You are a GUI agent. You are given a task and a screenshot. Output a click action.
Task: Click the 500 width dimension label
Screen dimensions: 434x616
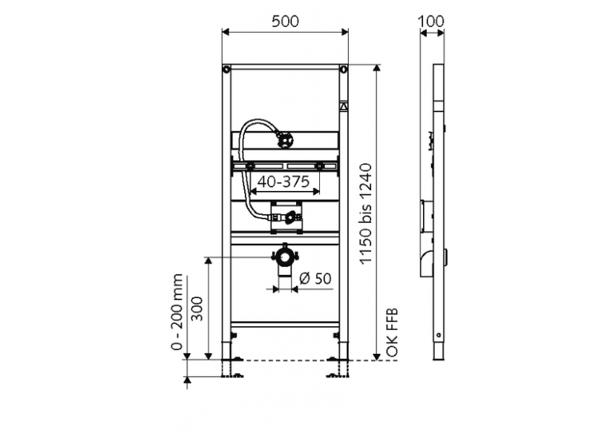286,22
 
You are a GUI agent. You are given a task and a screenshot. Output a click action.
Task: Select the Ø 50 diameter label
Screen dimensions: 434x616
315,279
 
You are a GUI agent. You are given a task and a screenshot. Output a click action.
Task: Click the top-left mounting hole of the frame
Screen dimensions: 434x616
226,71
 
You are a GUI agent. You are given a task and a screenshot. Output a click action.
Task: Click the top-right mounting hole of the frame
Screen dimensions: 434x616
344,71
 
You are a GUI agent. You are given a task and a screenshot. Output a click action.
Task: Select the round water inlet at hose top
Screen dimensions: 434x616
284,137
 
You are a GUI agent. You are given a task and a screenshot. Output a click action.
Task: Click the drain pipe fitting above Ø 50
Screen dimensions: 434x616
285,258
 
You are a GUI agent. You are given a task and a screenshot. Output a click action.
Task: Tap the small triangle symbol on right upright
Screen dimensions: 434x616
344,106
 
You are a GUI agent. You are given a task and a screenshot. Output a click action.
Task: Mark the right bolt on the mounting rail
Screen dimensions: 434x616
320,166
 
